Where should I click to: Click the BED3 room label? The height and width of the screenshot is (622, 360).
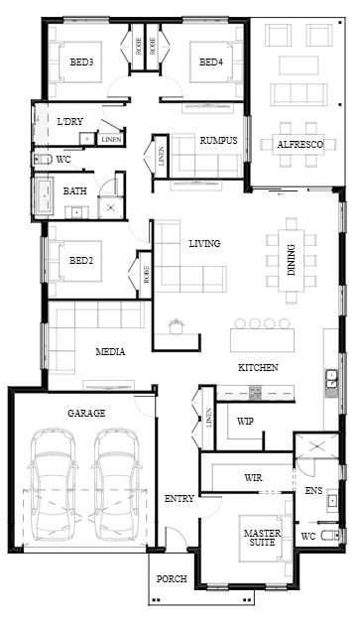(81, 62)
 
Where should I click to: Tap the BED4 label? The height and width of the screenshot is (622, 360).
(211, 62)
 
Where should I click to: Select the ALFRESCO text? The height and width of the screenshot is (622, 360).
(300, 145)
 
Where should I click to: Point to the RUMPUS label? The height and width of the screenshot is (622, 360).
(218, 141)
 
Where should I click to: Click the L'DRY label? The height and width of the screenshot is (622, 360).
(70, 122)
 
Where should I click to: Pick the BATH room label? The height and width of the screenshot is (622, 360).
(75, 191)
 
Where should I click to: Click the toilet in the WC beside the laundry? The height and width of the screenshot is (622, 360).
(43, 160)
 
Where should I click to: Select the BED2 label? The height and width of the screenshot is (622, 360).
(81, 261)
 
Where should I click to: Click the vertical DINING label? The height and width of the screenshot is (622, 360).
(292, 260)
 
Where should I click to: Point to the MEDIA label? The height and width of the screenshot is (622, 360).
(111, 351)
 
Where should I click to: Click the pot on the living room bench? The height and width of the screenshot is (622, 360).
(177, 326)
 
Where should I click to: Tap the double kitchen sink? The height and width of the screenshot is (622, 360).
(331, 378)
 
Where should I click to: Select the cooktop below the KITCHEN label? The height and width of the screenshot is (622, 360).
(255, 393)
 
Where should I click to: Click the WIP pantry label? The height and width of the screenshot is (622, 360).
(245, 422)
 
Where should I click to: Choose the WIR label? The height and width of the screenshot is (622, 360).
(253, 477)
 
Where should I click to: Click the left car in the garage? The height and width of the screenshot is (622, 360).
(54, 485)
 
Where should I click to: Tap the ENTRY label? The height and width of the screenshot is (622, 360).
(180, 499)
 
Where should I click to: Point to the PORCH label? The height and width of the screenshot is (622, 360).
(172, 579)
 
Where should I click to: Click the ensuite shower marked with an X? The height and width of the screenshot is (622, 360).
(317, 446)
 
